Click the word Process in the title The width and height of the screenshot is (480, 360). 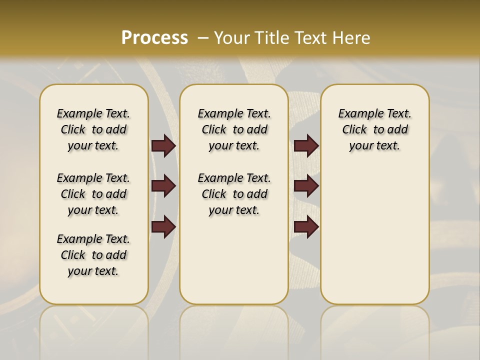154,38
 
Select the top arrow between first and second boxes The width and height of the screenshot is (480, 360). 163,146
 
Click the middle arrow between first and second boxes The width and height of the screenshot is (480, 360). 163,186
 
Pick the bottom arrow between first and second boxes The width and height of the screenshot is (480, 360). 163,226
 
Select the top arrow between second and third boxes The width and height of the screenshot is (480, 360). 306,146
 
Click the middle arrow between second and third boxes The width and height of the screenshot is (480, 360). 306,186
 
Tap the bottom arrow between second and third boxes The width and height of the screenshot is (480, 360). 306,226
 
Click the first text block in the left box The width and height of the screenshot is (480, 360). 93,129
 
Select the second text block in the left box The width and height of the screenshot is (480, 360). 93,194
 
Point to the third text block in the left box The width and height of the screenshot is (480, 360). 93,255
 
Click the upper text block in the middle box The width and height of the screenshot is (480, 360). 234,129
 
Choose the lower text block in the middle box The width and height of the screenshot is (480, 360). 234,194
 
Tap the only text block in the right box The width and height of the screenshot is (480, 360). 374,129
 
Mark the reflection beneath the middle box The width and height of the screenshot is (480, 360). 234,325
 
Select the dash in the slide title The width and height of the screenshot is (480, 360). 202,38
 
